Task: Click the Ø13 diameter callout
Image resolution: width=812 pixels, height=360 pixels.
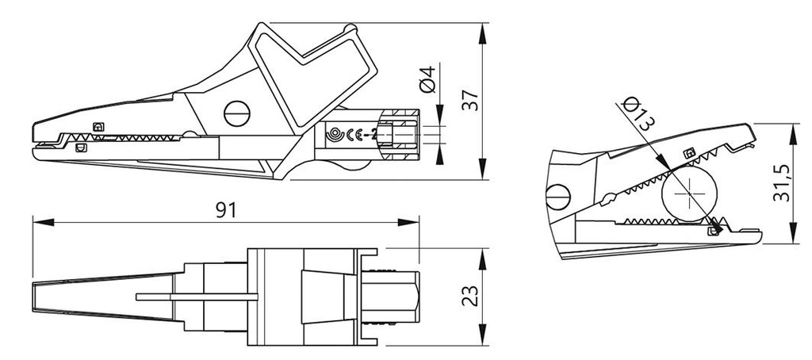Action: tap(638, 113)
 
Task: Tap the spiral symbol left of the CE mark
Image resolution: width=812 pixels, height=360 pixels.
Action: tap(336, 136)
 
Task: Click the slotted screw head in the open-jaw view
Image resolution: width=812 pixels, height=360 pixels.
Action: tap(557, 197)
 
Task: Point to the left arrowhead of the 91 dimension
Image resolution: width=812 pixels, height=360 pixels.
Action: tap(36, 222)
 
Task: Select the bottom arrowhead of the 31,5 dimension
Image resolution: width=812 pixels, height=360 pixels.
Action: tap(794, 237)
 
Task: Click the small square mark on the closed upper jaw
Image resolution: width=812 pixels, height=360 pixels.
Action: tap(98, 127)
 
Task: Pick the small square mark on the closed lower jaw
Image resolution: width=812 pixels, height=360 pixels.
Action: tap(79, 147)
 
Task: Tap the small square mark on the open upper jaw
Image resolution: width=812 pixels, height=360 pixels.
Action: tap(688, 152)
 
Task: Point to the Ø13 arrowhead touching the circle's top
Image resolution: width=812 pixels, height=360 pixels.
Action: tap(668, 167)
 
